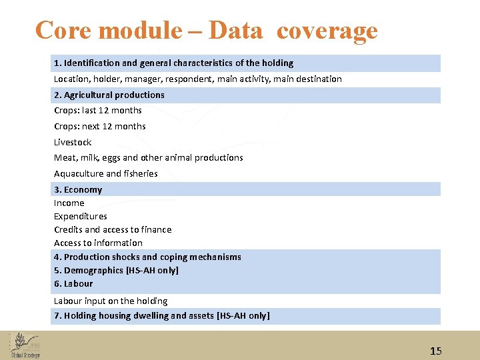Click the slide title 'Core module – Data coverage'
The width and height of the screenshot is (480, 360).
point(206,30)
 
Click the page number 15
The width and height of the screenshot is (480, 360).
point(436,351)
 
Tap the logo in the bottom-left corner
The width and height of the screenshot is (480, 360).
point(25,345)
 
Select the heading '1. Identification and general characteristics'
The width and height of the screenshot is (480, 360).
point(173,63)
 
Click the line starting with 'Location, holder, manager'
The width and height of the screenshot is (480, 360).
point(197,79)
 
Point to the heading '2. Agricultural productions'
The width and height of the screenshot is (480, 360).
point(109,95)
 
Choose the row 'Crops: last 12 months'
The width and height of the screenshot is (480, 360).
point(98,111)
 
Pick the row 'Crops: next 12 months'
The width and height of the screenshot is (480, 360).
point(99,127)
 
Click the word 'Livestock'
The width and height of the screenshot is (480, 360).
point(73,142)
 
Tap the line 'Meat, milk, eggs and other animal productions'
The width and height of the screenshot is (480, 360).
point(148,158)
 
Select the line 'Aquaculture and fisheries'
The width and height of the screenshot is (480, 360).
point(105,174)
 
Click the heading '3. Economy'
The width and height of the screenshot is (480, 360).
point(78,190)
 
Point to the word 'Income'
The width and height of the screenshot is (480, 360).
point(69,203)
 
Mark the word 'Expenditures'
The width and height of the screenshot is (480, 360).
point(80,217)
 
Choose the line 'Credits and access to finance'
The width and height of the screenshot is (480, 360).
point(113,230)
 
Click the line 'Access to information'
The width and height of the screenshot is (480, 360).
point(98,243)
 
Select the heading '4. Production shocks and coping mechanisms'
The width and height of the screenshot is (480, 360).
point(147,257)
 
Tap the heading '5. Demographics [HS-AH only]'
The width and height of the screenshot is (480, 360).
point(116,271)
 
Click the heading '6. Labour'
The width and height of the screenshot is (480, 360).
point(73,284)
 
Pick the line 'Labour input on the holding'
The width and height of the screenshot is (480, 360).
point(111,301)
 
